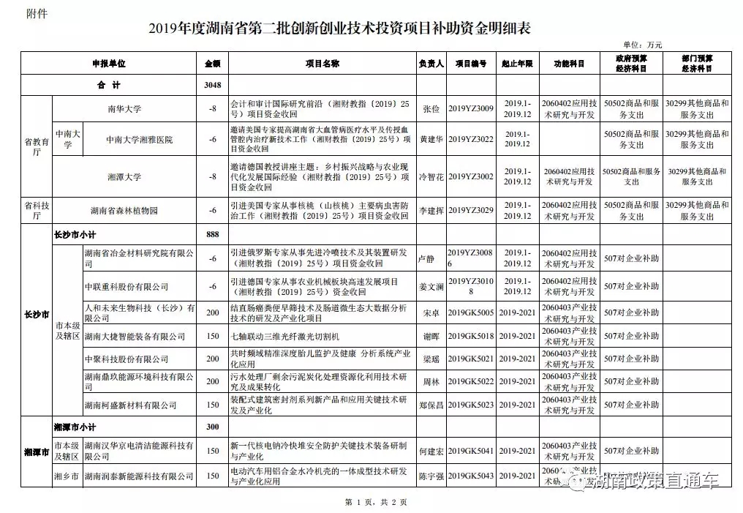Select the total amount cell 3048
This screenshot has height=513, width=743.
coord(213,85)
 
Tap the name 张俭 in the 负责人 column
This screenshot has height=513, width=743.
coord(431,109)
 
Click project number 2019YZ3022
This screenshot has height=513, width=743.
coord(470,139)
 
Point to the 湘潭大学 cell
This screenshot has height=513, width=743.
coord(124,176)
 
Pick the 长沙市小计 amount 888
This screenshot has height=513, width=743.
coord(213,234)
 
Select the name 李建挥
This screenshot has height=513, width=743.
coord(431,211)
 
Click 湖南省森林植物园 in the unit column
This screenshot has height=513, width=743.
coord(124,211)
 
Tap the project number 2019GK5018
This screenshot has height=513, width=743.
coord(470,336)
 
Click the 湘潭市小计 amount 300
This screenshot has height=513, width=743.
coord(213,426)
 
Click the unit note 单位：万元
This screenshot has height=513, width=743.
coord(642,45)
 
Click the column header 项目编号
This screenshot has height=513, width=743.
coord(470,64)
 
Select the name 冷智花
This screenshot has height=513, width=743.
coord(431,176)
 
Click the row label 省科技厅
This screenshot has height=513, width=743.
coord(36,211)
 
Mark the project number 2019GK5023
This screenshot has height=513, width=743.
coord(470,405)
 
